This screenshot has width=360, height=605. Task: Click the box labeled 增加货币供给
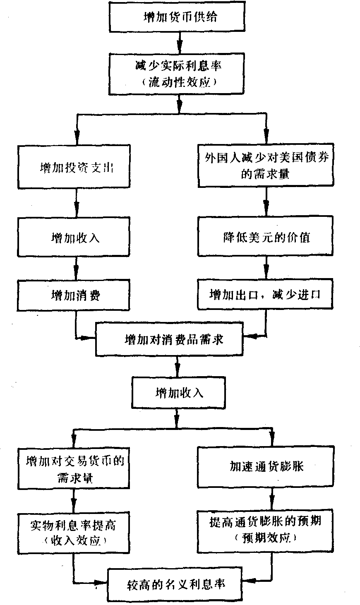coord(180,17)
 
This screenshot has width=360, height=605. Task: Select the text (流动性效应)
coord(180,82)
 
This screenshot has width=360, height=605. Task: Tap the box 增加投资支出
coord(74,167)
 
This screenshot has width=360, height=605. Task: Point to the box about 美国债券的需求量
coord(266,165)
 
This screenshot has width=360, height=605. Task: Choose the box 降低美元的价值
coord(266,238)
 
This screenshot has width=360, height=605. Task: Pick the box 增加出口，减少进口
coord(266,295)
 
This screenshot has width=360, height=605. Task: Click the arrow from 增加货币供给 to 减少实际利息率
coord(180,42)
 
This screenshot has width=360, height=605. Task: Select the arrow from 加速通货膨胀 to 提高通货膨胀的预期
coord(272,499)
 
